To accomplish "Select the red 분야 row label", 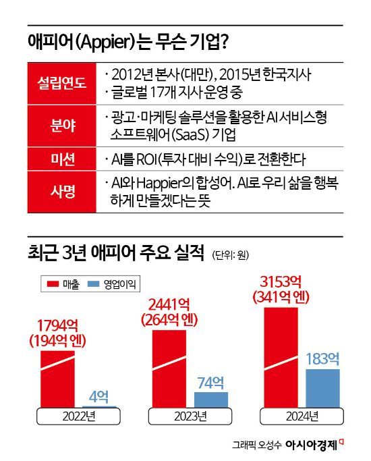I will point(59,126).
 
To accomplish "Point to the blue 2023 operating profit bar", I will point(211,400).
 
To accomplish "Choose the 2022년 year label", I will point(76,415).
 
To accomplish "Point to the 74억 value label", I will point(211,383).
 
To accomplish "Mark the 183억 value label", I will point(322,360).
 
